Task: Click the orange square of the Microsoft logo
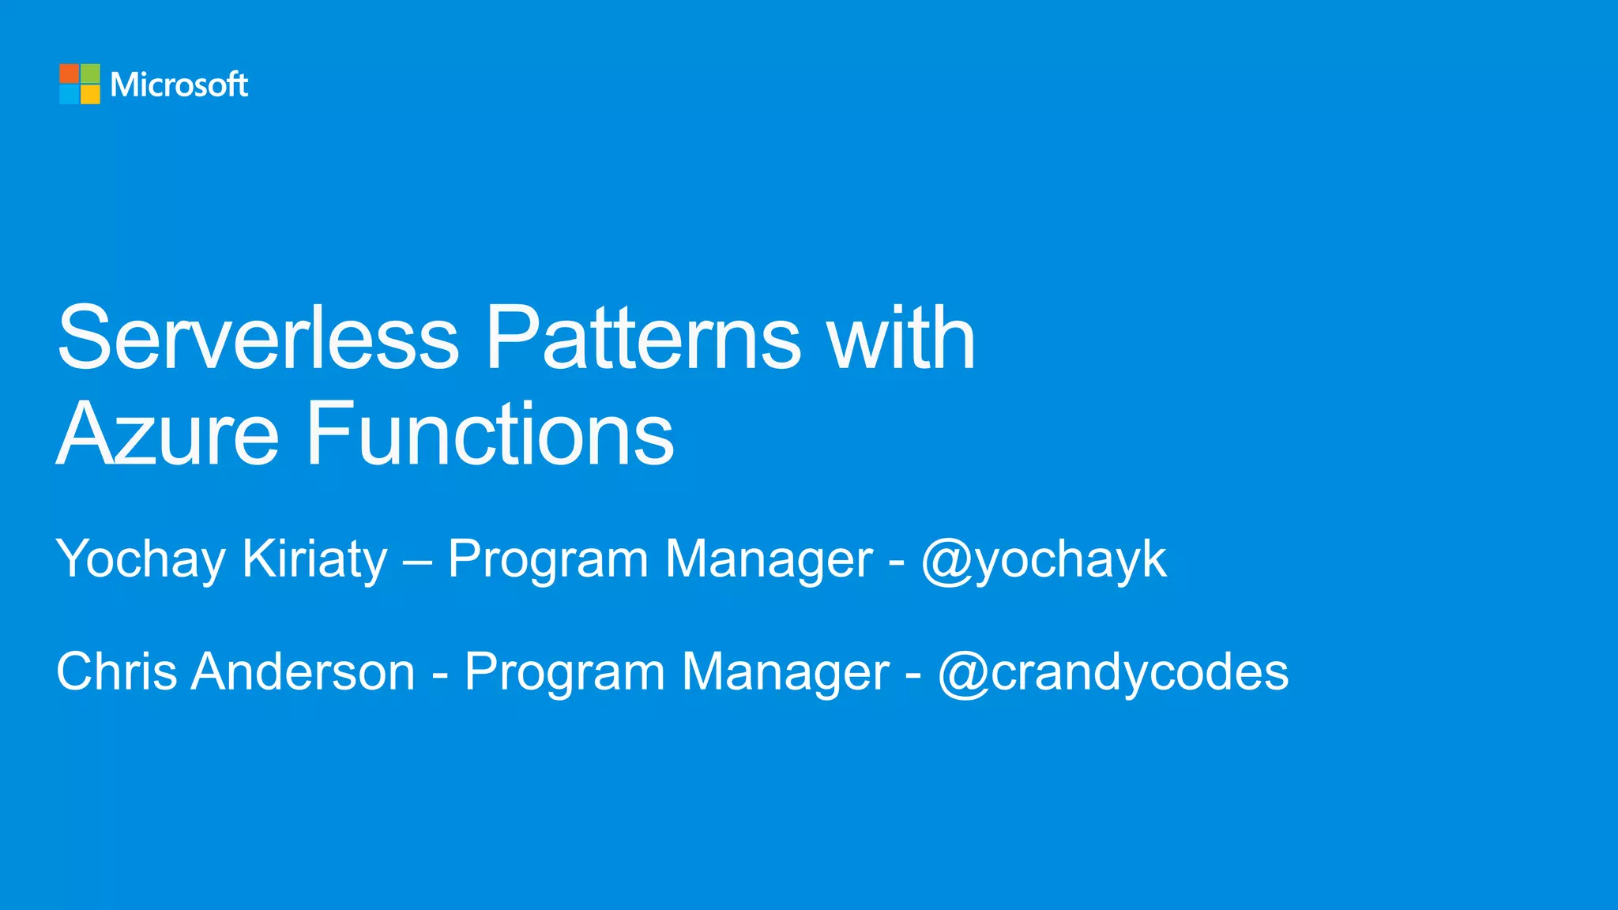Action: click(x=69, y=73)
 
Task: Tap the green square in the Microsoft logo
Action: click(x=90, y=73)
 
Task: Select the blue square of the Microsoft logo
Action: click(x=69, y=94)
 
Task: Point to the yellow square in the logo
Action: click(x=90, y=94)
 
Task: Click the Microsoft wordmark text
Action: click(x=179, y=85)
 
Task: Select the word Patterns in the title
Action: click(x=643, y=338)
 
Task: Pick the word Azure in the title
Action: click(x=167, y=434)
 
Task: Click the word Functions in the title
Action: click(x=490, y=434)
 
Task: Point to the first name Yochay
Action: click(x=141, y=560)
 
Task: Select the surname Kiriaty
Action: click(x=314, y=560)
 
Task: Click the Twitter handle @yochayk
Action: click(x=1044, y=560)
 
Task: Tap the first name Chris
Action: click(x=116, y=672)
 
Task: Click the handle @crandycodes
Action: click(x=1113, y=672)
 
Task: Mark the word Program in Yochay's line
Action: click(x=547, y=560)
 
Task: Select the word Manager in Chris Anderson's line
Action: click(x=785, y=672)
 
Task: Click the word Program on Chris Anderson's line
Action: click(x=565, y=672)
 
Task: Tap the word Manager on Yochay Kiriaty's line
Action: click(x=769, y=560)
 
